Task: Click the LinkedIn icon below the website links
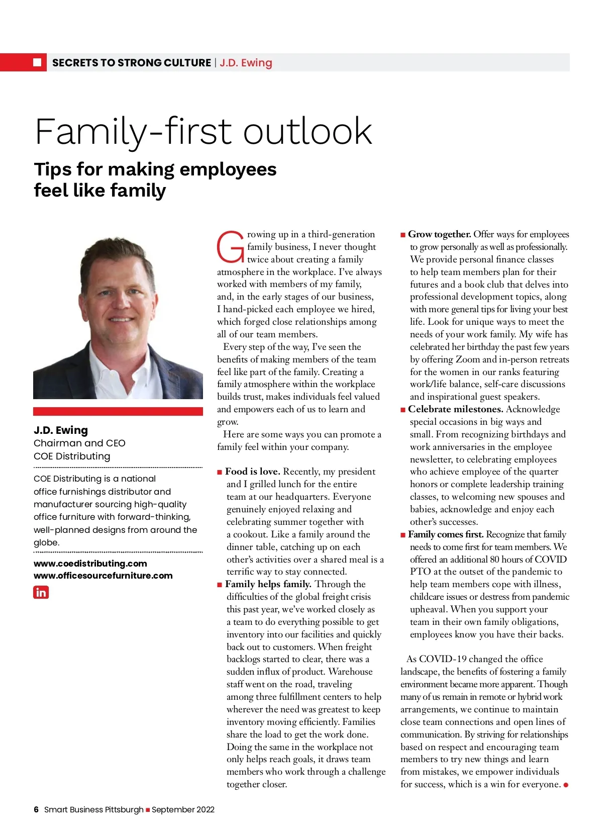tap(41, 592)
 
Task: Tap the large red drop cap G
tap(230, 247)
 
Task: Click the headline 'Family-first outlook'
tap(204, 131)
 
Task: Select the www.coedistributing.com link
tap(90, 564)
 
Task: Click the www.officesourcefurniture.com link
tap(103, 576)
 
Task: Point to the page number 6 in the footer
tap(36, 809)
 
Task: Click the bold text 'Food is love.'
tap(252, 472)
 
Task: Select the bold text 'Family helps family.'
tap(268, 584)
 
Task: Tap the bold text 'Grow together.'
tap(439, 234)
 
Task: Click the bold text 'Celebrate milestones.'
tap(455, 409)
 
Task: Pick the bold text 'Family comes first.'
tap(446, 534)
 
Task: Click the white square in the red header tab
tap(37, 62)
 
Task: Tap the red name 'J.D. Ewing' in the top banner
tap(246, 63)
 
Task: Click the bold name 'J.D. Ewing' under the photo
tap(61, 430)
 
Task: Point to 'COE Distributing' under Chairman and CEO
tap(72, 456)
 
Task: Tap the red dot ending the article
tap(566, 785)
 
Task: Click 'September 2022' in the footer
tap(183, 809)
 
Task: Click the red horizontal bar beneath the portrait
tap(118, 411)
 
